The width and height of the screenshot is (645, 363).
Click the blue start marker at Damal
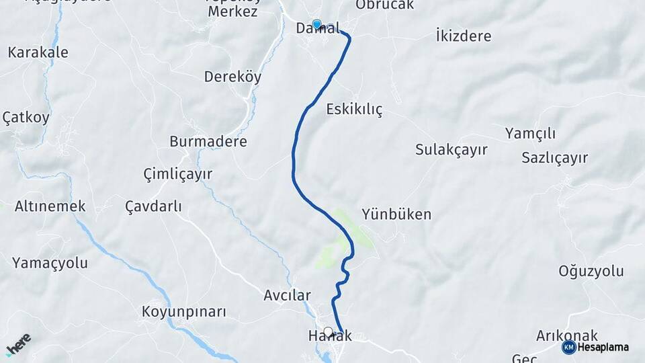click(316, 24)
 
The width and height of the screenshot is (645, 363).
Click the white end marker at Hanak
click(328, 331)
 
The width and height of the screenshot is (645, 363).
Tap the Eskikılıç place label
click(354, 110)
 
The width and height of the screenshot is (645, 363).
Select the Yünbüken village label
click(396, 214)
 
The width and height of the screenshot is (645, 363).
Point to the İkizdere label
click(464, 36)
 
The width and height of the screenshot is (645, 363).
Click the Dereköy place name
click(232, 77)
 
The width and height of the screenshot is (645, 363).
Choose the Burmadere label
click(208, 142)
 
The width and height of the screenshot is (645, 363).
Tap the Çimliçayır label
click(178, 174)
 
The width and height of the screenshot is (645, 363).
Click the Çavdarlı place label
click(153, 206)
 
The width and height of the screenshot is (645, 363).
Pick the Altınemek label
click(50, 206)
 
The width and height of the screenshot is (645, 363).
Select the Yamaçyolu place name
click(50, 263)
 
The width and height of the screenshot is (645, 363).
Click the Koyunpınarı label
click(184, 312)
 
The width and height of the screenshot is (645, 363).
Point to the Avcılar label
click(287, 295)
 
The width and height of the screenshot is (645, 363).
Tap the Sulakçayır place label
click(451, 149)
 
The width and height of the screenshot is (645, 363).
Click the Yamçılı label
click(530, 133)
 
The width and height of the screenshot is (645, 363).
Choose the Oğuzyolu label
click(591, 272)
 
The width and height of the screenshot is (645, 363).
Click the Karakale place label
click(38, 52)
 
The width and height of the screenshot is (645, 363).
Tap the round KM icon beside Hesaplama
click(568, 347)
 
